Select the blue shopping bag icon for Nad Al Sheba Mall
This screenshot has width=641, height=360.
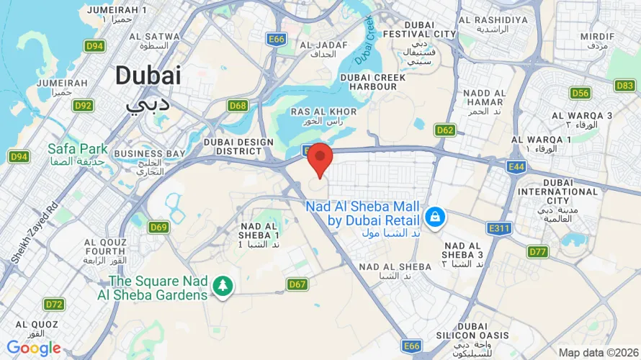[x=435, y=215]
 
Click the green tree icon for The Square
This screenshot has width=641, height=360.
[x=223, y=287]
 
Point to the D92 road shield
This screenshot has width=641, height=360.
[x=84, y=106]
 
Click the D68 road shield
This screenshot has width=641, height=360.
[x=238, y=106]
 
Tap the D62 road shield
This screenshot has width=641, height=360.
[x=445, y=130]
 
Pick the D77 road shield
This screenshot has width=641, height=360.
[x=537, y=251]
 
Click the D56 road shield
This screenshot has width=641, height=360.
[x=580, y=93]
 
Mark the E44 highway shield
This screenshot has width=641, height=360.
[x=515, y=167]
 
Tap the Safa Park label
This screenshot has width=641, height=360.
[x=77, y=149]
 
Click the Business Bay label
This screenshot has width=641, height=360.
[x=150, y=153]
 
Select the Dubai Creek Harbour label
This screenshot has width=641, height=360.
[x=368, y=81]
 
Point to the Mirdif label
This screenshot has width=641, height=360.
[x=597, y=36]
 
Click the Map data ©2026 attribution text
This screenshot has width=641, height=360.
[x=597, y=353]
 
